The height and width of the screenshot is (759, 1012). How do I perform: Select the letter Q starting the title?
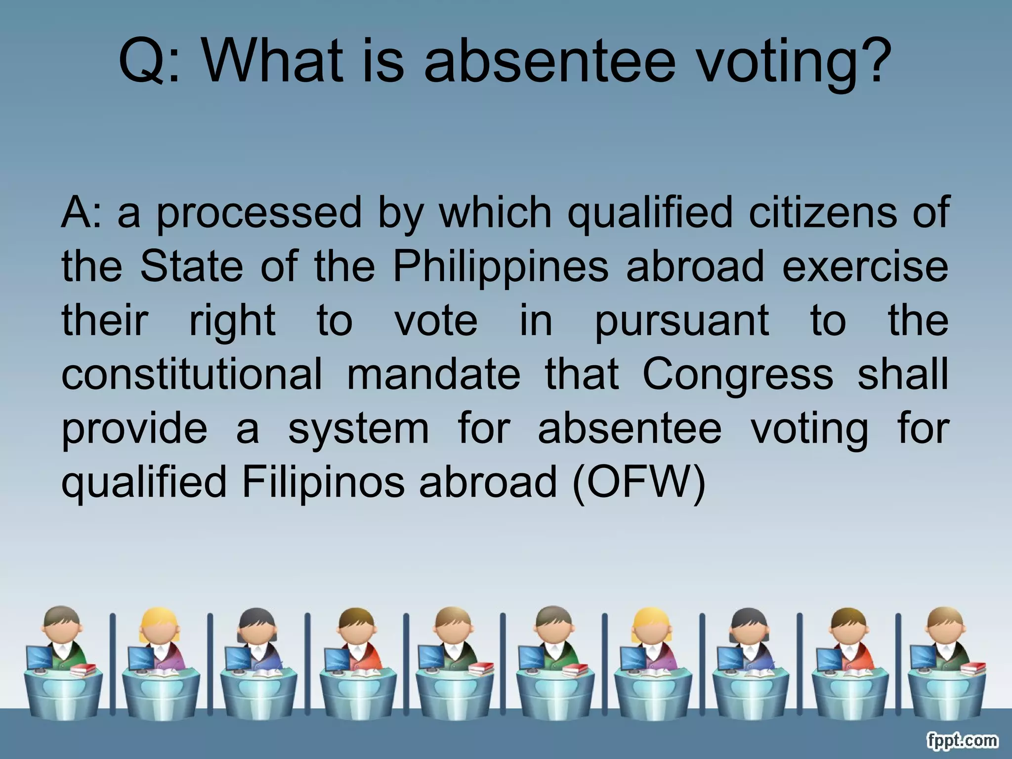point(143,62)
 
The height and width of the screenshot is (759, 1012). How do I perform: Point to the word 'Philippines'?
point(501,267)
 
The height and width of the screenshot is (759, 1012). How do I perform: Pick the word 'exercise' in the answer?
point(865,267)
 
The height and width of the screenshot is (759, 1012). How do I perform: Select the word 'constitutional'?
point(192,374)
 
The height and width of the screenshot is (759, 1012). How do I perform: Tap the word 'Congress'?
point(738,374)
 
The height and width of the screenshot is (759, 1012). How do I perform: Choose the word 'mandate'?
point(434,374)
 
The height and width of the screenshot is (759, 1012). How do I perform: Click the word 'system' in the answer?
point(358,429)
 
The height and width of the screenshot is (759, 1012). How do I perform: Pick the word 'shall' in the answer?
point(903,374)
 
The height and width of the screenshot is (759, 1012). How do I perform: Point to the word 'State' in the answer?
point(191,267)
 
